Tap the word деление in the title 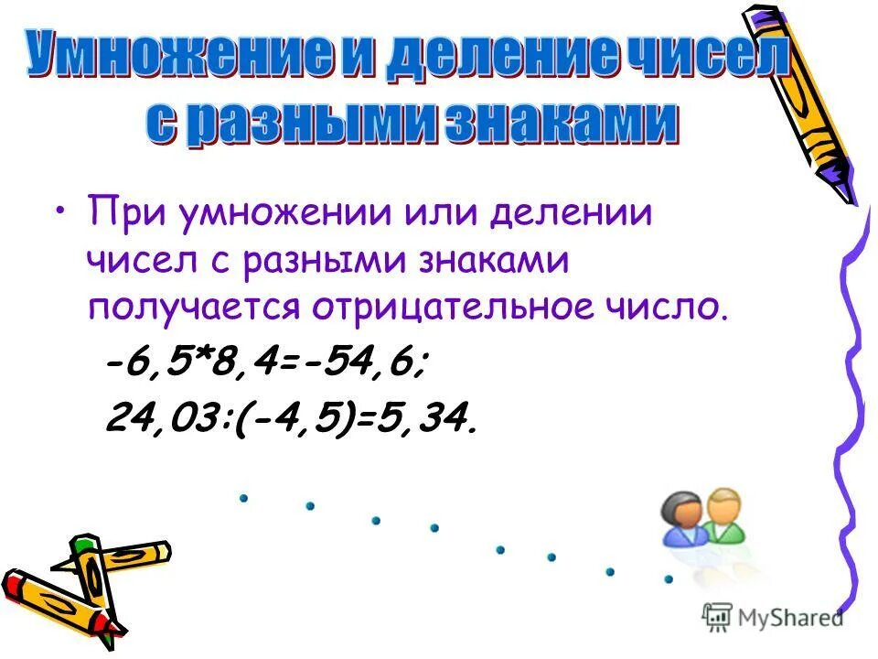click(478, 57)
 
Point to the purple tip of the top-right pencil click(841, 188)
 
